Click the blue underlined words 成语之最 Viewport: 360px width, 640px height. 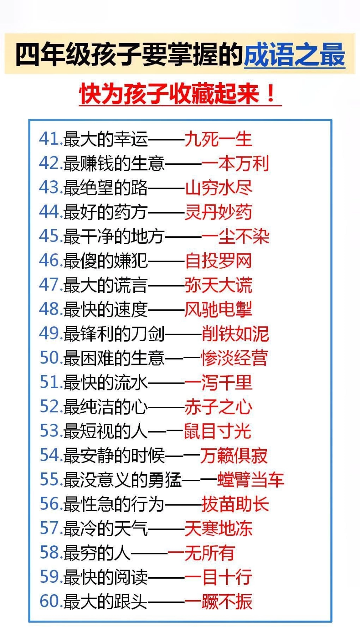click(294, 55)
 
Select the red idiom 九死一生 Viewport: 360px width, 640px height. click(218, 139)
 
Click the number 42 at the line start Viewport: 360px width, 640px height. click(49, 163)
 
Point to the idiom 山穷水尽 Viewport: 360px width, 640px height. click(218, 188)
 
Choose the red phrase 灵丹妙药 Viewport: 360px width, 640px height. click(218, 212)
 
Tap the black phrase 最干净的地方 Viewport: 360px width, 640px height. click(113, 236)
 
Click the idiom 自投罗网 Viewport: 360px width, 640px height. click(218, 261)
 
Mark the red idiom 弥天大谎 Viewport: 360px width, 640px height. click(218, 285)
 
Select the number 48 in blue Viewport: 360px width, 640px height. click(49, 309)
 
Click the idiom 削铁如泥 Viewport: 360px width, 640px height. click(235, 334)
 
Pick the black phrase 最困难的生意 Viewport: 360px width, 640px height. click(113, 358)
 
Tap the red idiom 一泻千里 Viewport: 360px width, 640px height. click(218, 382)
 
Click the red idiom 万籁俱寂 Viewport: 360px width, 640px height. click(234, 455)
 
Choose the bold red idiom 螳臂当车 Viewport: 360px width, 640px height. click(250, 479)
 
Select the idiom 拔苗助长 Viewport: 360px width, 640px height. click(235, 504)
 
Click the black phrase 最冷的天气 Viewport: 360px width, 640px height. click(105, 528)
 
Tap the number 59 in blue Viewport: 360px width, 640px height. click(50, 577)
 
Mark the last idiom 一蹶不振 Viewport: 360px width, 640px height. click(218, 601)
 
